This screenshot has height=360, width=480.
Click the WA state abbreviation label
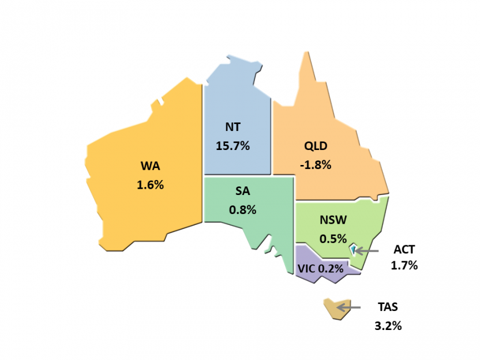(x=150, y=167)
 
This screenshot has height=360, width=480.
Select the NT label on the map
(x=232, y=126)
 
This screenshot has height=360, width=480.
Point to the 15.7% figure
(x=232, y=145)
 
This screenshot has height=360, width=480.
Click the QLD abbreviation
(x=315, y=145)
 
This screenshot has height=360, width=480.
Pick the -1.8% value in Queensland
(x=316, y=164)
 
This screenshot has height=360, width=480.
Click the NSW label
(x=333, y=220)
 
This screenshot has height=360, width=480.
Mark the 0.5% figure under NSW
(x=333, y=238)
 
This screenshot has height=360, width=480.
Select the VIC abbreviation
(x=307, y=268)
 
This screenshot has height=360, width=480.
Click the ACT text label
(x=404, y=250)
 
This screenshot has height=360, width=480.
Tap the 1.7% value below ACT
(x=404, y=266)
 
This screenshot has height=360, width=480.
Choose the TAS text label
(x=388, y=307)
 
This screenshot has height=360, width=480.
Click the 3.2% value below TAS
(x=388, y=325)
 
